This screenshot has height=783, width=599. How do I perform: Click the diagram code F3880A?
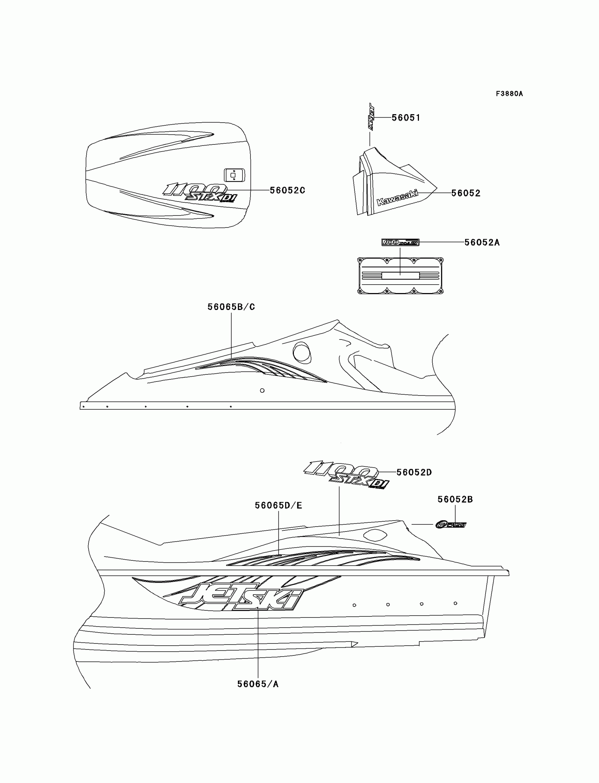[509, 94]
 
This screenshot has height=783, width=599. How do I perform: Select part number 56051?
[406, 118]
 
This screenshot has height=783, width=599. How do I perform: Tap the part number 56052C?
[287, 190]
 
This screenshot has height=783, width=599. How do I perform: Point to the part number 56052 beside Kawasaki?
[466, 193]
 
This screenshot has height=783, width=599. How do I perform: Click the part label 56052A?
[482, 242]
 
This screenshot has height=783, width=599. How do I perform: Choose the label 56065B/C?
[231, 307]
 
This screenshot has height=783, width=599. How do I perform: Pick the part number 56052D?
[414, 472]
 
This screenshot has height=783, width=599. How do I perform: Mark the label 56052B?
[455, 499]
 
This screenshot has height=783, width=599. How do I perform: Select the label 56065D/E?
[278, 505]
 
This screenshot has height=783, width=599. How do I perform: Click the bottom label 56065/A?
[258, 684]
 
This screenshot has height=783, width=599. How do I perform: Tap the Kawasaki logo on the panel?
[397, 198]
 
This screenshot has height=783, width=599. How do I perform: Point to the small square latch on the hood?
[234, 175]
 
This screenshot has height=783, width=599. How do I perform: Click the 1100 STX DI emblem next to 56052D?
[346, 474]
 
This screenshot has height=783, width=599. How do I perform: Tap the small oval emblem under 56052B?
[451, 524]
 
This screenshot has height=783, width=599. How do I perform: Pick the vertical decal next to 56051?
[371, 117]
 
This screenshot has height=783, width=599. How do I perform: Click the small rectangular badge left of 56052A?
[400, 242]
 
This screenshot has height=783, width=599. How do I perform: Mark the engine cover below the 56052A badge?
[400, 275]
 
